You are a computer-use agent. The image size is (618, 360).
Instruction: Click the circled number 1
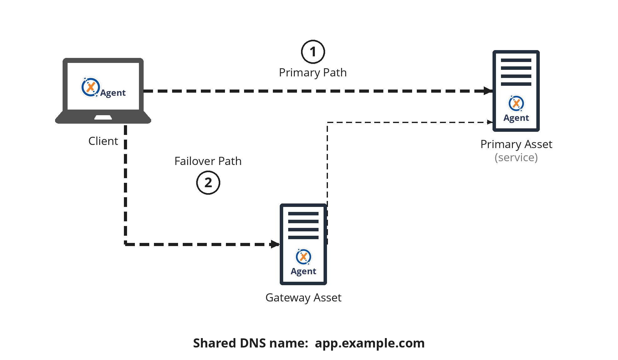(x=313, y=52)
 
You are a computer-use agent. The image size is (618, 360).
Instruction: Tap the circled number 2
(x=208, y=183)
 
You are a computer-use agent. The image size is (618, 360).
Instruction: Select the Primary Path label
(x=313, y=73)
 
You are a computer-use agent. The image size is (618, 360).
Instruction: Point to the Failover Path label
(x=208, y=161)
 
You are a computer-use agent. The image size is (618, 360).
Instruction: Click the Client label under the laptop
(x=103, y=141)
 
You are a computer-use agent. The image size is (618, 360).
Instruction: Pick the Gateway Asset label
(x=303, y=298)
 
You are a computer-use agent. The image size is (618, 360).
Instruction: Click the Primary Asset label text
(x=516, y=144)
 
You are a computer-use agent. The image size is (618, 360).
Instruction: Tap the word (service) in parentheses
(x=516, y=157)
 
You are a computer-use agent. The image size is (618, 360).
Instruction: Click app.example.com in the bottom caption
(x=370, y=343)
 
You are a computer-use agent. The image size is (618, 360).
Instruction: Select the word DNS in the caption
(x=253, y=343)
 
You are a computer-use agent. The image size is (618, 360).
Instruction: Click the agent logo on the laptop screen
(x=90, y=87)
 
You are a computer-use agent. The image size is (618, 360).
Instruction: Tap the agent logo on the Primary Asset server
(x=516, y=103)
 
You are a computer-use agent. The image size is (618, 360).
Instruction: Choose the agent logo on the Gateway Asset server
(x=304, y=257)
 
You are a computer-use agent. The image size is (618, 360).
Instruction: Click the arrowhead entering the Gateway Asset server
(x=275, y=244)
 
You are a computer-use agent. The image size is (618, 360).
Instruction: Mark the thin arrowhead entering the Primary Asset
(x=490, y=122)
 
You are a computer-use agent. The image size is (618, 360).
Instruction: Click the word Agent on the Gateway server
(x=304, y=271)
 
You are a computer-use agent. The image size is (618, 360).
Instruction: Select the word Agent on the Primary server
(x=516, y=118)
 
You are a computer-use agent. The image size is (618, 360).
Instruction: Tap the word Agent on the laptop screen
(x=113, y=93)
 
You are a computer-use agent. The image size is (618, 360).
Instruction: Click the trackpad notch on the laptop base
(x=103, y=117)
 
